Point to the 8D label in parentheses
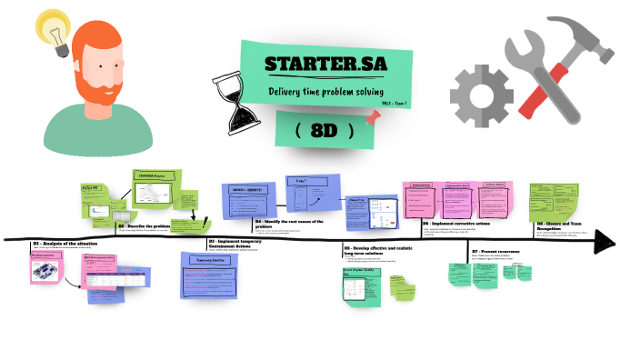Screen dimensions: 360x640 [324, 130]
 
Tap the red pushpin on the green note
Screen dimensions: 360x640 [371, 116]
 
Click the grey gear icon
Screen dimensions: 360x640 [476, 95]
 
